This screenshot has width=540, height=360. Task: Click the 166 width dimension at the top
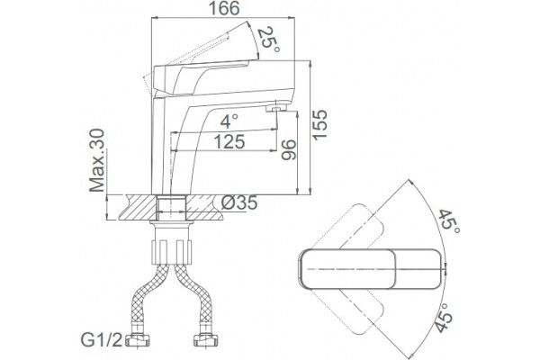click(224, 9)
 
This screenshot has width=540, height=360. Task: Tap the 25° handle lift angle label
click(268, 40)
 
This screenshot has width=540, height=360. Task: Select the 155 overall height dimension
click(319, 125)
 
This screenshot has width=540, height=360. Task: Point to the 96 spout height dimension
click(288, 150)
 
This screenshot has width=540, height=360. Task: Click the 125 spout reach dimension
click(229, 141)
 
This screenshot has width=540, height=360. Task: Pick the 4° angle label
click(229, 121)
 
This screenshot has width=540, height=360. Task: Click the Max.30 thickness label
click(97, 160)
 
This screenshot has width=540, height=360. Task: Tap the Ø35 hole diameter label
click(239, 202)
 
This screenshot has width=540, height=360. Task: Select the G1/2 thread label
click(102, 340)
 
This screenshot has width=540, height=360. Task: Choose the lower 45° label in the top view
click(443, 318)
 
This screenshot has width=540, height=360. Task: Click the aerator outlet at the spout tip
click(276, 109)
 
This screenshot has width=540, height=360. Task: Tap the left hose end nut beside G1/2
click(137, 340)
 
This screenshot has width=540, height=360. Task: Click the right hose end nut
click(206, 340)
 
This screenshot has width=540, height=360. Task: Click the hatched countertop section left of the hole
click(138, 207)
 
